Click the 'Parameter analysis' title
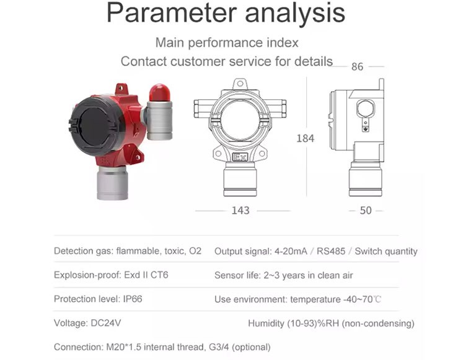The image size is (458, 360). click(226, 13)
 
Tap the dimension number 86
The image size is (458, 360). click(357, 67)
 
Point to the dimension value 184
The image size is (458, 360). click(306, 138)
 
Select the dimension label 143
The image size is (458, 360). click(240, 211)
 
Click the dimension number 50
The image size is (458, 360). click(366, 211)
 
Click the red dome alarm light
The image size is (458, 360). click(159, 93)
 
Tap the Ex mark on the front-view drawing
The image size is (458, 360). click(240, 157)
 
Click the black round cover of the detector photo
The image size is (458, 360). click(96, 125)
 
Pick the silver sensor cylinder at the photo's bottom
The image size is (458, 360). click(112, 183)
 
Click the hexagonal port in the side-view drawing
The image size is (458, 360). click(365, 108)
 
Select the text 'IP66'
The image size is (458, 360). click(133, 299)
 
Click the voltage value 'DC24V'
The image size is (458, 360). click(106, 323)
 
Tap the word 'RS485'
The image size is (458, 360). click(331, 252)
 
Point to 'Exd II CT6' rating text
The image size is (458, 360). click(146, 275)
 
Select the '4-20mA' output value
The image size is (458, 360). click(291, 252)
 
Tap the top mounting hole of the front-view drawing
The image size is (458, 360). click(240, 84)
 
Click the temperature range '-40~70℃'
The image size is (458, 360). click(362, 299)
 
